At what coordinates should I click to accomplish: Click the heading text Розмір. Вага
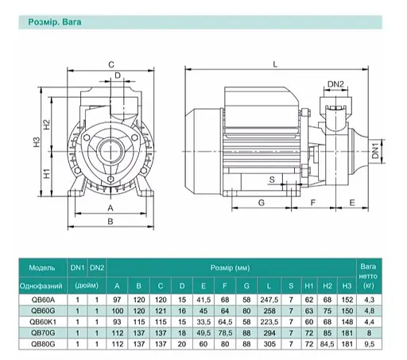(55, 22)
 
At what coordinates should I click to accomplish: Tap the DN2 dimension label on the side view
(335, 84)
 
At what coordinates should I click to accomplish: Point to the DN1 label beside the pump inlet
(375, 151)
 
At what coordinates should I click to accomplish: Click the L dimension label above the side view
(275, 64)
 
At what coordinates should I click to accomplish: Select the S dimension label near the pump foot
(272, 180)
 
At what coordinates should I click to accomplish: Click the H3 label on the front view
(37, 141)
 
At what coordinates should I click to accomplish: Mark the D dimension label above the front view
(118, 75)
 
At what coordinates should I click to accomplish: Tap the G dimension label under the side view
(262, 203)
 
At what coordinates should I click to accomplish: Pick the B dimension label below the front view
(110, 221)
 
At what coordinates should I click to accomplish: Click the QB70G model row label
(43, 333)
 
